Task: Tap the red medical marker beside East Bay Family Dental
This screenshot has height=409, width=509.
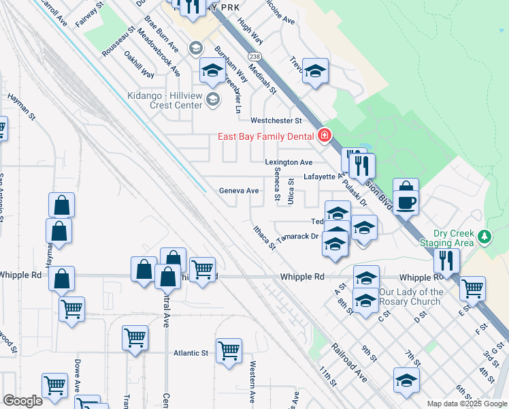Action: tap(324, 136)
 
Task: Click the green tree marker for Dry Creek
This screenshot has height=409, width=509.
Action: tap(484, 237)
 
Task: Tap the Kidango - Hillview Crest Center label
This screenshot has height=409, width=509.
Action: tap(165, 100)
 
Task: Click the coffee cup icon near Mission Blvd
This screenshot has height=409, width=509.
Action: tap(406, 202)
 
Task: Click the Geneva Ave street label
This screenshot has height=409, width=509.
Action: tap(239, 191)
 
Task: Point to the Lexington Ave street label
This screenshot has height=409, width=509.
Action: tap(289, 162)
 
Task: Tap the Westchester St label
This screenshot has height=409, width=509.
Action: tap(276, 121)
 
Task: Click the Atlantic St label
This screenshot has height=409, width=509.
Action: tap(191, 353)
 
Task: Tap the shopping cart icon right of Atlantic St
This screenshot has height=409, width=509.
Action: tap(229, 350)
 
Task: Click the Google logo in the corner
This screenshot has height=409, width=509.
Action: tap(22, 401)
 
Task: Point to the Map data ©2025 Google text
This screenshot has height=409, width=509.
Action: tap(466, 404)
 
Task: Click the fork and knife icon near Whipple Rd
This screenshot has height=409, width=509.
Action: tap(446, 260)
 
